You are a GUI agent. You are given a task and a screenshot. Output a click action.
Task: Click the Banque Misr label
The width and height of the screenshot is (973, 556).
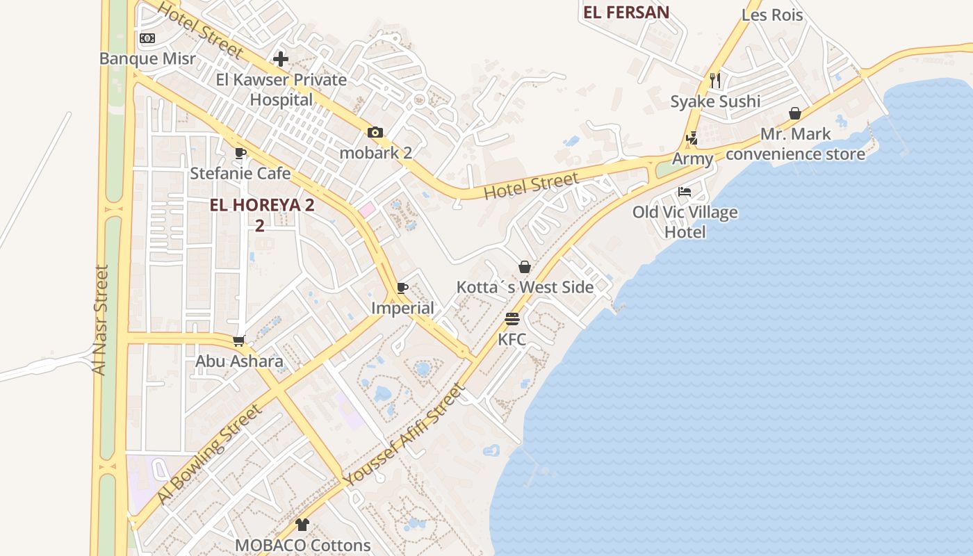[147, 58]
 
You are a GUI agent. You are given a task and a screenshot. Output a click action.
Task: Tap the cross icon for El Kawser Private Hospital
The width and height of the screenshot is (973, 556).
[281, 59]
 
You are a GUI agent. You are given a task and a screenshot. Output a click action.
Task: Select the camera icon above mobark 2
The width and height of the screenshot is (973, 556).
[375, 132]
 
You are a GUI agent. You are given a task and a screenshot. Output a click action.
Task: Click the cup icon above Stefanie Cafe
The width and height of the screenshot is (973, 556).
[240, 153]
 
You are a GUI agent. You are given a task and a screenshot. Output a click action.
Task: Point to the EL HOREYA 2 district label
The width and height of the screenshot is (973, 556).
[263, 206]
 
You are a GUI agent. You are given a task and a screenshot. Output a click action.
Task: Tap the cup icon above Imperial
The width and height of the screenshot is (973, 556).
[402, 288]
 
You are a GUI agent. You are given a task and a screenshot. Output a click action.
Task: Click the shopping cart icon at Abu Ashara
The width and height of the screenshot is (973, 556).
[239, 341]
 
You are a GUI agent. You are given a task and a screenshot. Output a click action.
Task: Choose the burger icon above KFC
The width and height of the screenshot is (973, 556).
[512, 319]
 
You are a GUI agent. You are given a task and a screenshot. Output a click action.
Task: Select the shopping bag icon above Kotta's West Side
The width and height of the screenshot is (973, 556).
[525, 267]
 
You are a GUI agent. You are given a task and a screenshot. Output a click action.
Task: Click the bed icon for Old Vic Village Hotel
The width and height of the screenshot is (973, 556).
[685, 191]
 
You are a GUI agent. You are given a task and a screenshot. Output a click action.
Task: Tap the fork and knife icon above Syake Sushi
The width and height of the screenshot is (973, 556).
[715, 81]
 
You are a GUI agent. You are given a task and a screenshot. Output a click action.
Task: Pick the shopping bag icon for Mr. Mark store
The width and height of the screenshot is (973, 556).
[795, 113]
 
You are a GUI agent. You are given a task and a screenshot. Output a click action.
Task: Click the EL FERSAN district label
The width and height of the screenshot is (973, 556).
[626, 12]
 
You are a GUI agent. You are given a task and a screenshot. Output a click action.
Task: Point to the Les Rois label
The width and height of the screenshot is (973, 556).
[772, 15]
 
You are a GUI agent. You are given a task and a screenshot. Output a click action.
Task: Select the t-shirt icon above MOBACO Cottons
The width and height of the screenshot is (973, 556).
[302, 525]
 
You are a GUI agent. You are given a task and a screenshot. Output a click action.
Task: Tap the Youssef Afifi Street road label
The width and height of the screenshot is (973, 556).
[402, 436]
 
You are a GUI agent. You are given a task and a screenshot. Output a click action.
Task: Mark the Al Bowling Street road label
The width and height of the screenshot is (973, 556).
[210, 454]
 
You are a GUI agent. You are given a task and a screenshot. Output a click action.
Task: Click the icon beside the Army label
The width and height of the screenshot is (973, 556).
[692, 138]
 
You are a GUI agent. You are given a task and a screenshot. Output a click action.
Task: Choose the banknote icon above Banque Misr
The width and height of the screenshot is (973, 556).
[147, 38]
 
